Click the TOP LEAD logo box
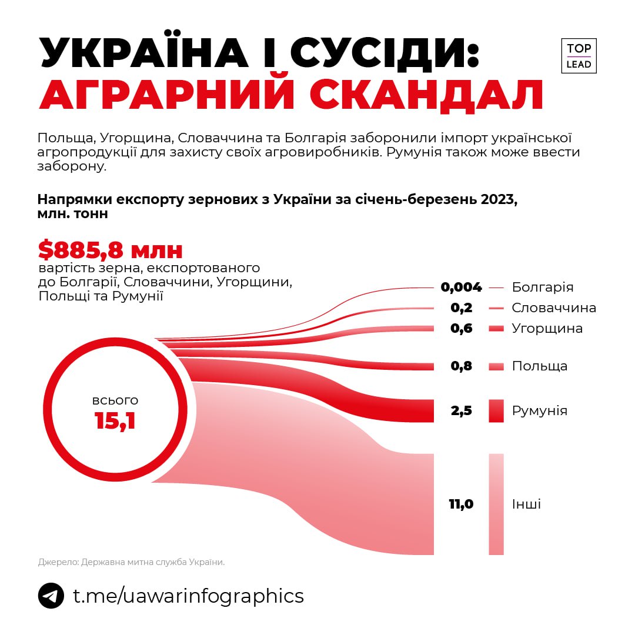[579, 56]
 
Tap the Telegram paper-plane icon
[51, 596]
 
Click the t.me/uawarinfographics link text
[188, 596]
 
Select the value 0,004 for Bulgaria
[462, 288]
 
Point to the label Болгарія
[542, 288]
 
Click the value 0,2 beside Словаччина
[462, 308]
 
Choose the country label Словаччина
[554, 308]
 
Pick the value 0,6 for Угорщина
[462, 328]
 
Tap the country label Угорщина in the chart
[547, 328]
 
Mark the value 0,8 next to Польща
[462, 366]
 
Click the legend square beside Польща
[496, 366]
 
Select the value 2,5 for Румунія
[462, 410]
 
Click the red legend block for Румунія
[496, 410]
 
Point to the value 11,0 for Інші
[462, 504]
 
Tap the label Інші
[526, 504]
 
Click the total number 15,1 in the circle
[115, 421]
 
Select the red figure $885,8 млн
[111, 250]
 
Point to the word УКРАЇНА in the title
[143, 53]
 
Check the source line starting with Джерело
[131, 562]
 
